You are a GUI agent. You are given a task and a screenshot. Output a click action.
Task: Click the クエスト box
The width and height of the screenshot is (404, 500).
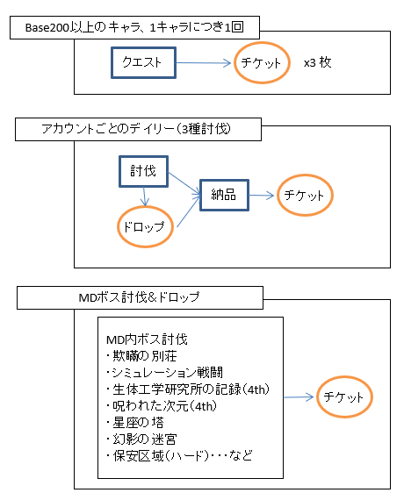coord(143,63)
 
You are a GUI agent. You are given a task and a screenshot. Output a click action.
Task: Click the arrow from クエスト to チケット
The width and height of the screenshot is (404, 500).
coord(206,64)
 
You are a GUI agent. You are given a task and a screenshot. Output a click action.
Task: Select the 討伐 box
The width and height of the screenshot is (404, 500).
coord(143,171)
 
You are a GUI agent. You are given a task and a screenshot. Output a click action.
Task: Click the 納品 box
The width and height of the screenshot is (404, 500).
coord(224,195)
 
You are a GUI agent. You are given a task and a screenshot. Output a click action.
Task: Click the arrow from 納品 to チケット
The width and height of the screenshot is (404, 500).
coord(262,196)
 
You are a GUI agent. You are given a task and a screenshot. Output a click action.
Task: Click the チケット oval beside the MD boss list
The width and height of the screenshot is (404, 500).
coord(344,397)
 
